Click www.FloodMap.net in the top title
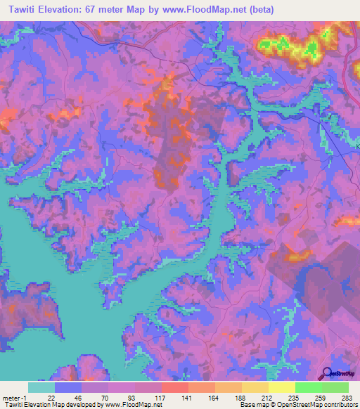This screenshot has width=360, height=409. (202, 9)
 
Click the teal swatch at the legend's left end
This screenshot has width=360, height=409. (41, 387)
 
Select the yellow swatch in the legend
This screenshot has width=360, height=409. (281, 387)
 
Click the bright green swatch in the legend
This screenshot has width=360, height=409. (308, 387)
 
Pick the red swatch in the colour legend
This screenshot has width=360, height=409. (174, 387)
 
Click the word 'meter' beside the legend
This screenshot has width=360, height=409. (10, 398)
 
